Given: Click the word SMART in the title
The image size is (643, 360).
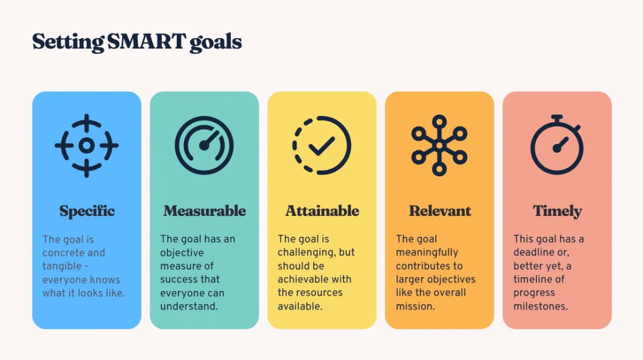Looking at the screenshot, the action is click(x=146, y=42).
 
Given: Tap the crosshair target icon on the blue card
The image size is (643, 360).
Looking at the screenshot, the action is click(x=86, y=146).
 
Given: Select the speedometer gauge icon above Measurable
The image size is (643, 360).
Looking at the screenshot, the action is click(x=204, y=146).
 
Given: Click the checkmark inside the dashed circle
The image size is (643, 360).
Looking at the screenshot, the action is click(x=321, y=146).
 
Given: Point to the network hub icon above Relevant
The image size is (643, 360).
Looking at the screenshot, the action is click(x=439, y=146).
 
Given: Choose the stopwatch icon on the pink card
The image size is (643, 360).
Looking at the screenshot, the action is click(x=557, y=145).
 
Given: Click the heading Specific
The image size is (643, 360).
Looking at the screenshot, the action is click(x=87, y=211).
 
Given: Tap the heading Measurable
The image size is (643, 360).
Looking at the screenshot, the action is click(x=205, y=211).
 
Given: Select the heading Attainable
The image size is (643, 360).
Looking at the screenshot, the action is click(x=322, y=211).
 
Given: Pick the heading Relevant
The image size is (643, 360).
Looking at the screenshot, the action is click(x=440, y=211).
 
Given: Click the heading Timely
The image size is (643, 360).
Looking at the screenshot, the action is click(x=557, y=211).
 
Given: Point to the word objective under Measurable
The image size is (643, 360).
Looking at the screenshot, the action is click(x=182, y=253).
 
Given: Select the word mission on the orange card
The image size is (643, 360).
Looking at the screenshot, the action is click(x=415, y=306).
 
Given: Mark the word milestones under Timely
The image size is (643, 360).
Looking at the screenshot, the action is click(x=541, y=306).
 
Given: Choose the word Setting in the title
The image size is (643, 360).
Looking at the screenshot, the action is click(x=68, y=42).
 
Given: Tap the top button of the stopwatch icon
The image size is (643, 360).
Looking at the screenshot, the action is click(x=557, y=118).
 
